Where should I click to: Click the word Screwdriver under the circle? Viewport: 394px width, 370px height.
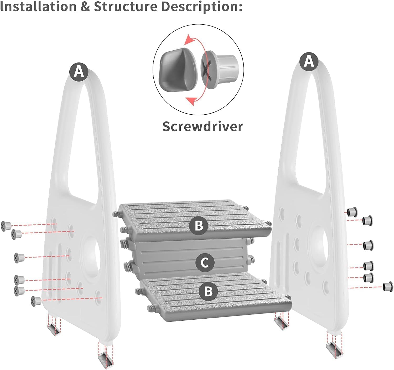click(x=203, y=126)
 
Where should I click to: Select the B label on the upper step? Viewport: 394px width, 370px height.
click(x=199, y=225)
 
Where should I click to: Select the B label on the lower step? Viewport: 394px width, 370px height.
click(x=208, y=291)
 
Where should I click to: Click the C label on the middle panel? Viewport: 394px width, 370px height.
click(x=205, y=262)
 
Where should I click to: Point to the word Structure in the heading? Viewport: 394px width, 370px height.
click(x=125, y=7)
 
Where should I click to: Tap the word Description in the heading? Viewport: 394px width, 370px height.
click(x=201, y=7)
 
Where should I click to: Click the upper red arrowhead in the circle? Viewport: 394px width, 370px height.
click(x=188, y=41)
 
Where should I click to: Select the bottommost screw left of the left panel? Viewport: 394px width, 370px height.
click(x=36, y=301)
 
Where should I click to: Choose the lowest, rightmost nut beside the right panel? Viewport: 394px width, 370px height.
click(x=388, y=286)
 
